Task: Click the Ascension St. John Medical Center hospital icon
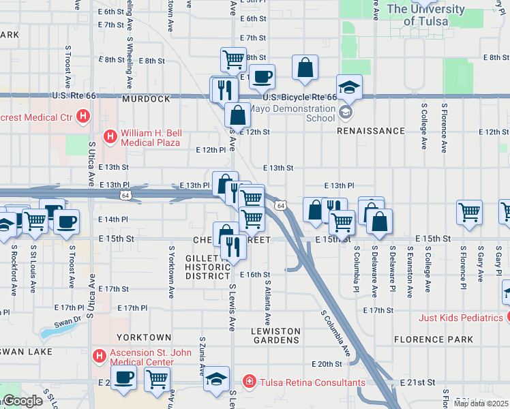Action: (x=100, y=357)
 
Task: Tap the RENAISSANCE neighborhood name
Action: (x=371, y=131)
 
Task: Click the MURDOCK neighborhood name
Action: (x=146, y=99)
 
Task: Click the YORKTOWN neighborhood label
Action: (x=144, y=337)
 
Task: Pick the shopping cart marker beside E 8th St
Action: (x=233, y=59)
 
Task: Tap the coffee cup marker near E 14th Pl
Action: (x=66, y=222)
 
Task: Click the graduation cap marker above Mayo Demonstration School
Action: (x=348, y=87)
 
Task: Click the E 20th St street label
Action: (x=325, y=365)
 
